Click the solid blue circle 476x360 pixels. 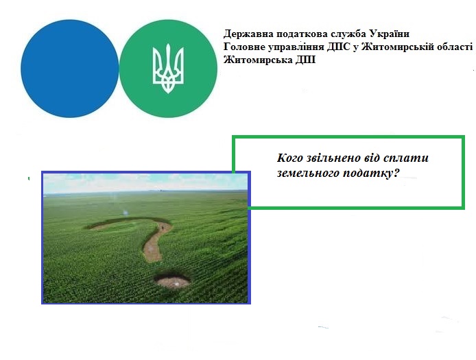point(70,69)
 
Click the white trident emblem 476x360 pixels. point(168,69)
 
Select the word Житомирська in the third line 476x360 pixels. point(259,60)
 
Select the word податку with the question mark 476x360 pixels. point(371,173)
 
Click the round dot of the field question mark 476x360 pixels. point(172,279)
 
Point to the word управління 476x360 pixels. point(296,48)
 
